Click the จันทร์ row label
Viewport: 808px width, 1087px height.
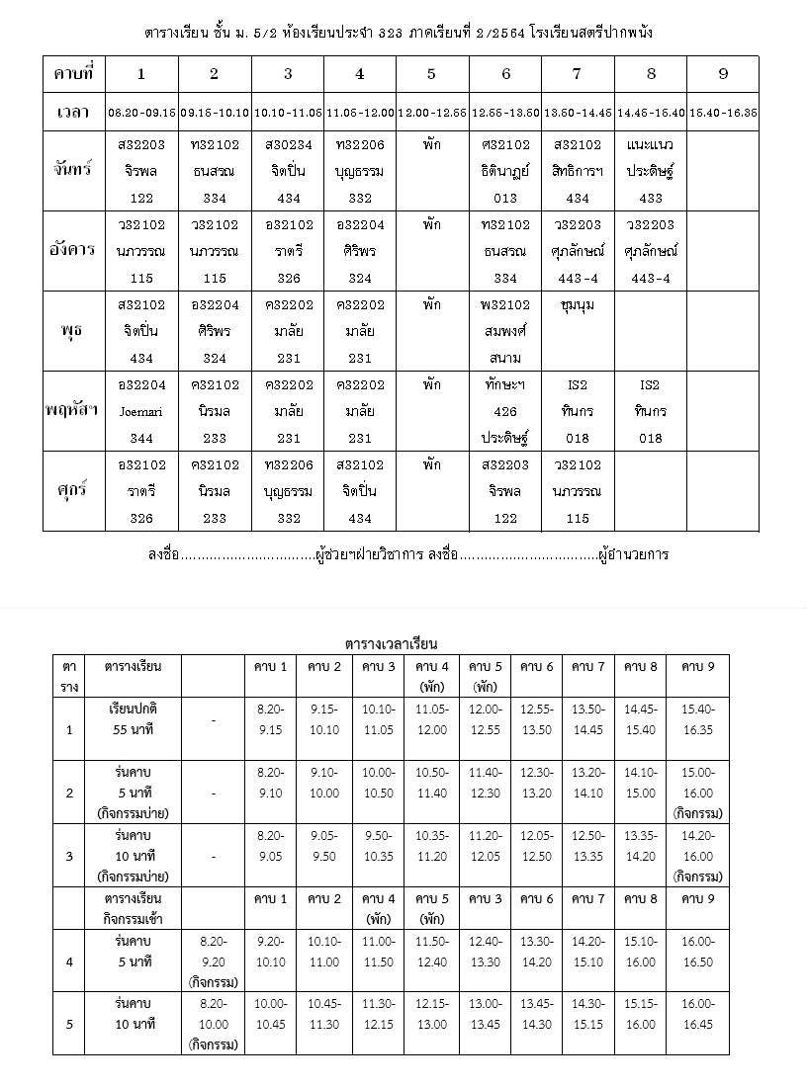73,169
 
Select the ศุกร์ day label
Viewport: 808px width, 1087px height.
73,491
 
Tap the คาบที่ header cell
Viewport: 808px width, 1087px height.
73,73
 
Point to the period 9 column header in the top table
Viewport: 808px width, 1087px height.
723,73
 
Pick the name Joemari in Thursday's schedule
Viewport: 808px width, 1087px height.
141,411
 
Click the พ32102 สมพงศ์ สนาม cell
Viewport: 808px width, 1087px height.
505,331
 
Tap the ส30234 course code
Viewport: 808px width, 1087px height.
288,144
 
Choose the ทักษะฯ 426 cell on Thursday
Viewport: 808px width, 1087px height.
505,411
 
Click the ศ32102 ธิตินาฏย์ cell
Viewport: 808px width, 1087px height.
505,169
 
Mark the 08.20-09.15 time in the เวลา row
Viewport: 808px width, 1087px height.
141,113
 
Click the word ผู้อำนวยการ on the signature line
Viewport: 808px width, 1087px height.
633,554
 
